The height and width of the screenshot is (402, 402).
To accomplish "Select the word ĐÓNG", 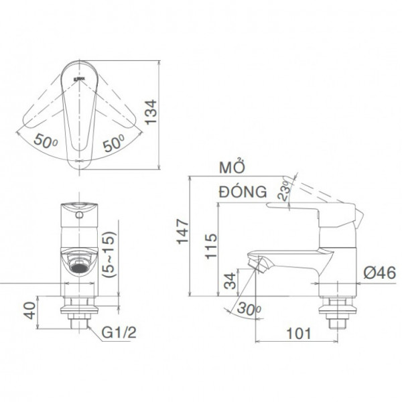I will coord(239,192).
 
